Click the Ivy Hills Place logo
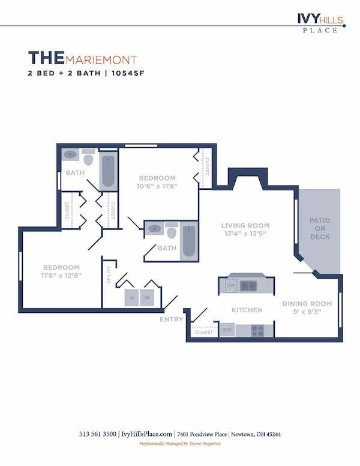click(x=320, y=22)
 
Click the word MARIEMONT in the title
click(x=101, y=60)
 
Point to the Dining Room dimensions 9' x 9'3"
click(x=307, y=312)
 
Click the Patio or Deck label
click(x=320, y=229)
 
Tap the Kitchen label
click(x=247, y=310)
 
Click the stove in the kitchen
click(x=257, y=330)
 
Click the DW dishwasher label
click(x=230, y=286)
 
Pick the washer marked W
click(x=148, y=297)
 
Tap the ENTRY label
click(x=171, y=319)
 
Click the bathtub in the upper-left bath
click(x=109, y=171)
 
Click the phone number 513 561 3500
click(x=98, y=434)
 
